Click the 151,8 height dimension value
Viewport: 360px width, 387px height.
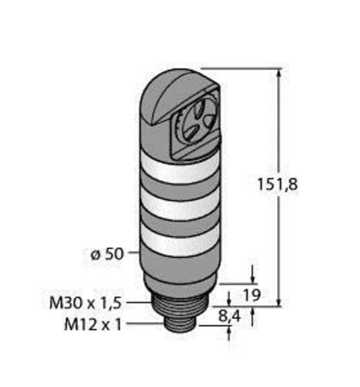click(x=277, y=184)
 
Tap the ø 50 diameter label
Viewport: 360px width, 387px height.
click(x=108, y=255)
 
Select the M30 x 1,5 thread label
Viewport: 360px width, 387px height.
click(x=85, y=303)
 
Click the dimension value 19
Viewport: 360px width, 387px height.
click(x=252, y=295)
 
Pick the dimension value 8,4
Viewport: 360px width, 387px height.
click(x=229, y=317)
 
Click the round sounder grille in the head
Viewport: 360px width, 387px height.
click(x=197, y=121)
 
